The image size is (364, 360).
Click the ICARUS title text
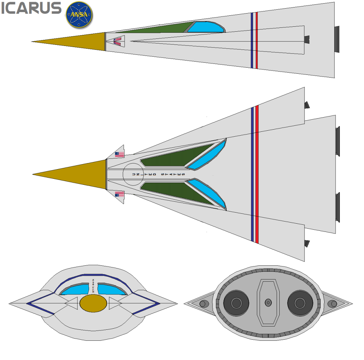coord(31,8)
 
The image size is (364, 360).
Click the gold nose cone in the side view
coord(78,42)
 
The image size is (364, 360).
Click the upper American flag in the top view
coord(120,155)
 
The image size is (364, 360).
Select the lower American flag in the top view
coord(120,194)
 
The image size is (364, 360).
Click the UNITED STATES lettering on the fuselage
coord(158,174)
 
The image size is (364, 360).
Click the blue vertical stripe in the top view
coord(252,174)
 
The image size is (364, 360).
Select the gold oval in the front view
coord(93,303)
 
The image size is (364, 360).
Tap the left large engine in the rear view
coord(236,303)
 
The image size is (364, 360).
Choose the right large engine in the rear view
coord(300,303)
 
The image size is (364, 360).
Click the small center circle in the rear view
coord(268,303)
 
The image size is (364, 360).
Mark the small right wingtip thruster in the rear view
coord(333,304)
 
